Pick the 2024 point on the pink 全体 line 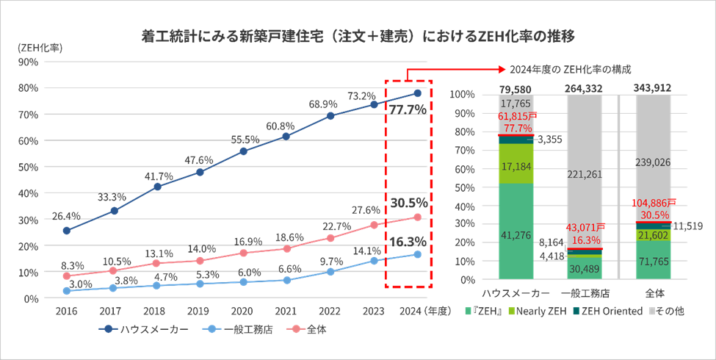point(417,217)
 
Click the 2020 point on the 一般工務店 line point(243,281)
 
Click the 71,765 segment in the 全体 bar point(654,261)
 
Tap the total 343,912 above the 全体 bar point(654,87)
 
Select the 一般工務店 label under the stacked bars point(585,293)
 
